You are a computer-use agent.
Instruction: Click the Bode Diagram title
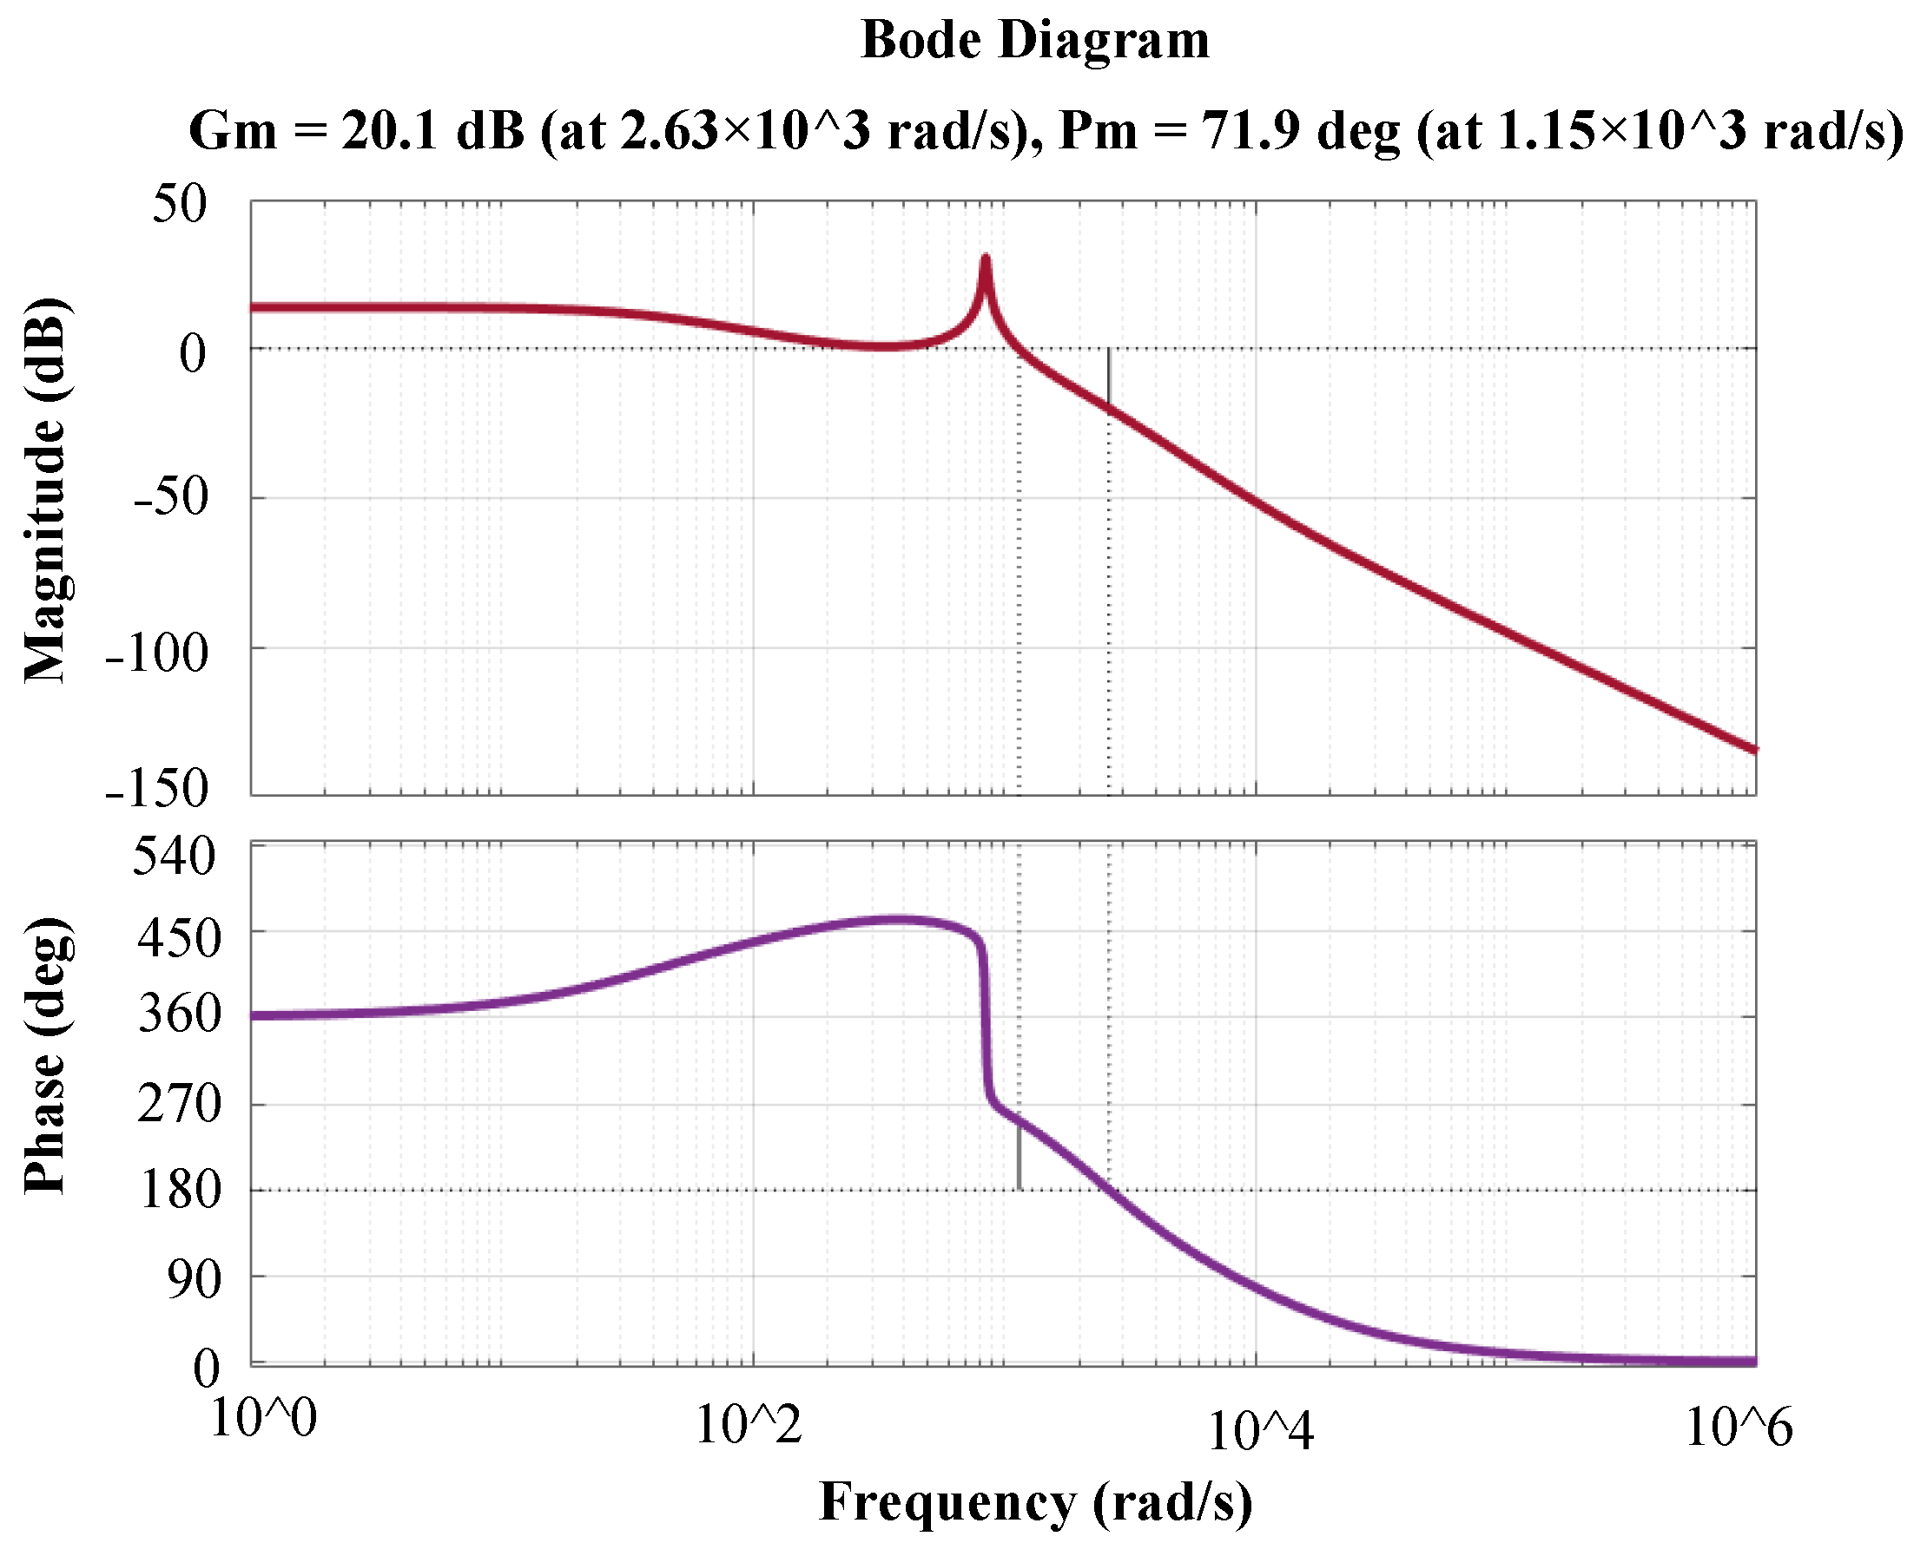pyautogui.click(x=1034, y=40)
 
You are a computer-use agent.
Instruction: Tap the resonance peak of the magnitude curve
pyautogui.click(x=985, y=260)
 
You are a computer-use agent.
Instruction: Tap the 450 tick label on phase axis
pyautogui.click(x=178, y=938)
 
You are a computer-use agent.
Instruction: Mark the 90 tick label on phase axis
pyautogui.click(x=194, y=1279)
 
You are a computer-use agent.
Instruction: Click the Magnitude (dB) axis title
pyautogui.click(x=45, y=489)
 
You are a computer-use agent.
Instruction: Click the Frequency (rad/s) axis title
pyautogui.click(x=1035, y=1502)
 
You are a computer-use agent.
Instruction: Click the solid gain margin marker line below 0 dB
pyautogui.click(x=1108, y=378)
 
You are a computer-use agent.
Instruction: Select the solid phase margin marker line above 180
pyautogui.click(x=1019, y=1155)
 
